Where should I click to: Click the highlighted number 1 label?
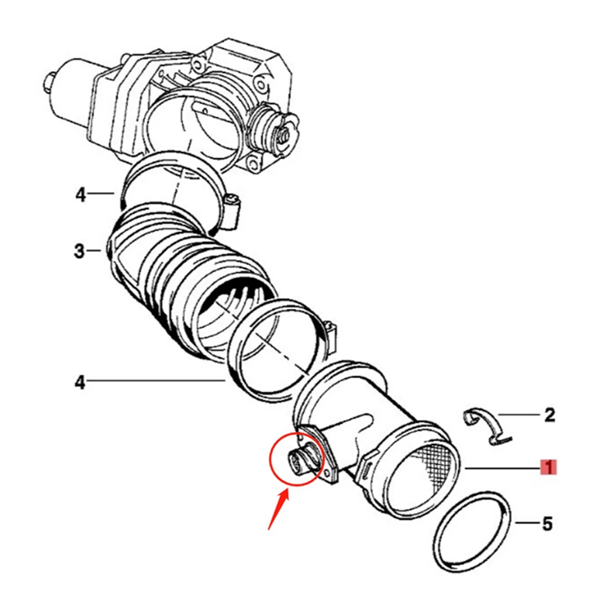click(x=548, y=467)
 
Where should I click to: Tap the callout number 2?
click(x=549, y=415)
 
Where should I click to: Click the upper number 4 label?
click(x=80, y=195)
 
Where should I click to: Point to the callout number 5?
click(x=548, y=523)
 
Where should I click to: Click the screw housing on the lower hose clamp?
click(x=331, y=333)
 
